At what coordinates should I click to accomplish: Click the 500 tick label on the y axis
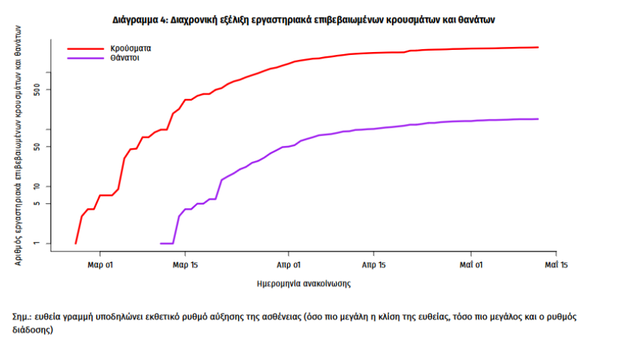coord(39,90)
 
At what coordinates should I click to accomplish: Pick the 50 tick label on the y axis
coord(39,147)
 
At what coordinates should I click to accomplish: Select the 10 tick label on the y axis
coord(39,187)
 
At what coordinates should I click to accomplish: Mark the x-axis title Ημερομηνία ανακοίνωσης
coord(304,283)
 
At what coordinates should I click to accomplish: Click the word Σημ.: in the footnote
coord(22,317)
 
